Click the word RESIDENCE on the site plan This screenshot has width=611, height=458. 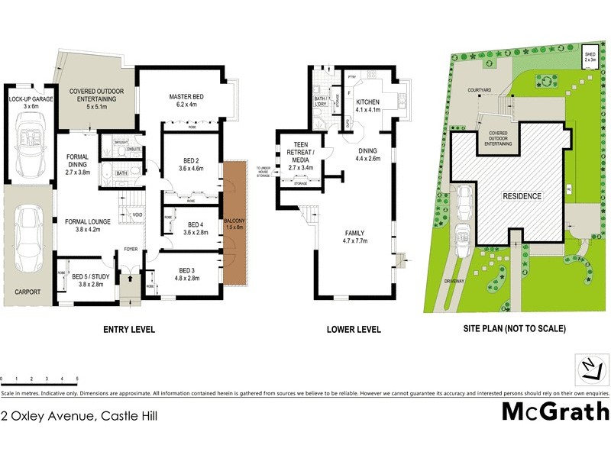522,196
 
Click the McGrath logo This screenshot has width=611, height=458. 555,411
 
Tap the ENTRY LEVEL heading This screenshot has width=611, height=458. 129,330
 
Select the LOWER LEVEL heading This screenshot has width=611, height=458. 353,330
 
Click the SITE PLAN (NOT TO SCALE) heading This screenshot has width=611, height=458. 515,330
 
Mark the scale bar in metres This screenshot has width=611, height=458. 39,379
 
